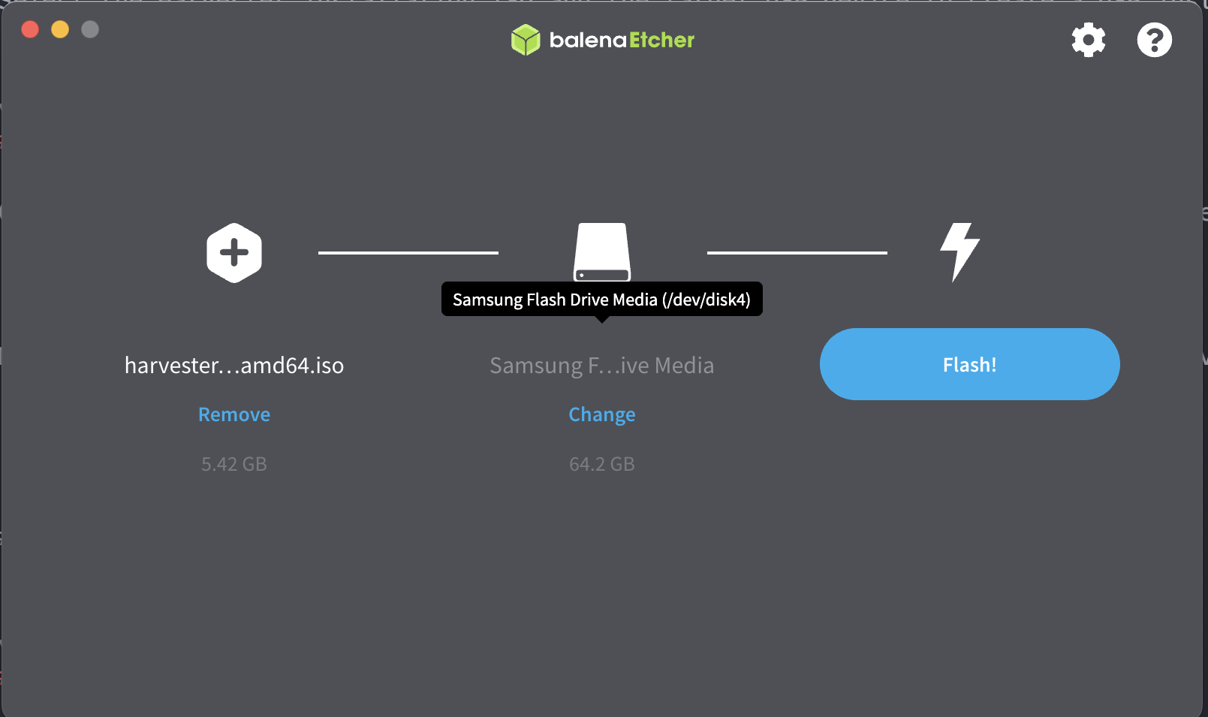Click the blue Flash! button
pyautogui.click(x=969, y=364)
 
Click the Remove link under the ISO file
pyautogui.click(x=234, y=414)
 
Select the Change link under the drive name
pyautogui.click(x=602, y=414)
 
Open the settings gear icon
pyautogui.click(x=1089, y=40)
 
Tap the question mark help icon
pyautogui.click(x=1154, y=40)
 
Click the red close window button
pyautogui.click(x=30, y=29)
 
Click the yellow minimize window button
pyautogui.click(x=60, y=29)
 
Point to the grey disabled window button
pyautogui.click(x=90, y=29)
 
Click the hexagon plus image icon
pyautogui.click(x=234, y=253)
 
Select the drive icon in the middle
pyautogui.click(x=602, y=249)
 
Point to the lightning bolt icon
pyautogui.click(x=959, y=252)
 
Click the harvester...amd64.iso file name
pyautogui.click(x=234, y=366)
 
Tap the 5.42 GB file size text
pyautogui.click(x=234, y=464)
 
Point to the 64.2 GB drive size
pyautogui.click(x=602, y=464)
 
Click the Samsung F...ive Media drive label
pyautogui.click(x=602, y=366)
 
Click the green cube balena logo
pyautogui.click(x=526, y=40)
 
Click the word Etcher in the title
pyautogui.click(x=661, y=40)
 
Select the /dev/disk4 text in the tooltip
pyautogui.click(x=706, y=300)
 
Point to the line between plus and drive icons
pyautogui.click(x=408, y=253)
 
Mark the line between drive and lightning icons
pyautogui.click(x=797, y=253)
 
